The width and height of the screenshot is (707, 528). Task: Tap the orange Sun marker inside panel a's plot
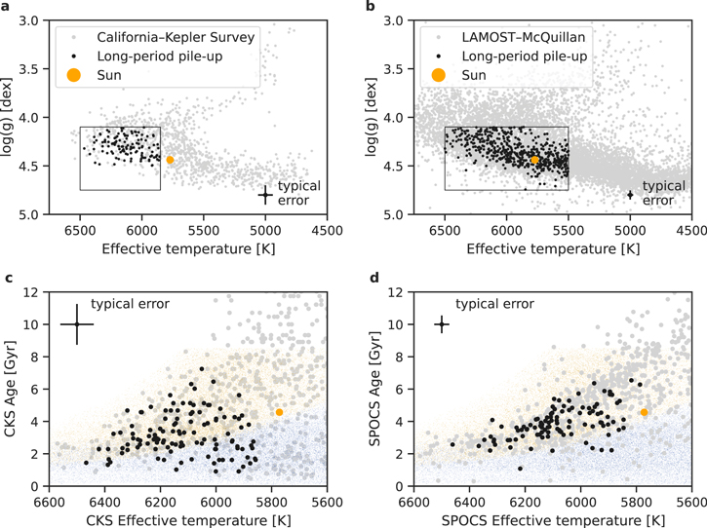[170, 160]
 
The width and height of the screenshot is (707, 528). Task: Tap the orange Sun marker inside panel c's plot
[279, 412]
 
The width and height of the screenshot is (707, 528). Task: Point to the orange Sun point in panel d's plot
[645, 412]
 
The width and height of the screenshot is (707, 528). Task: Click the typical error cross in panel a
[265, 195]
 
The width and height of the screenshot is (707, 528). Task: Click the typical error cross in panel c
[76, 324]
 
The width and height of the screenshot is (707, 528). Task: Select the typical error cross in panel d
[442, 324]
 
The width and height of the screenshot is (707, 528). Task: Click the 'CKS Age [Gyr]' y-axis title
[12, 389]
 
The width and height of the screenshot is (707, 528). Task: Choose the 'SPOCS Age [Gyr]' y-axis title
[377, 389]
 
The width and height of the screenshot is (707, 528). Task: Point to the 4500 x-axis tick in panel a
[327, 231]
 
